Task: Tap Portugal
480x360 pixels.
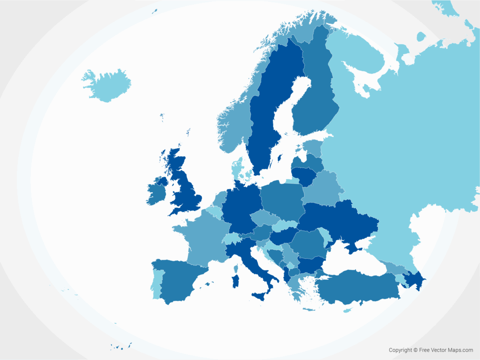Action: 157,284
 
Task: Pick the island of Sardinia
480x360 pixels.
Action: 236,281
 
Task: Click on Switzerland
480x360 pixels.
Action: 231,239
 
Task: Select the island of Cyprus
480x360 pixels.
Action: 347,310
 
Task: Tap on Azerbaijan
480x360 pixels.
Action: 415,280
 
